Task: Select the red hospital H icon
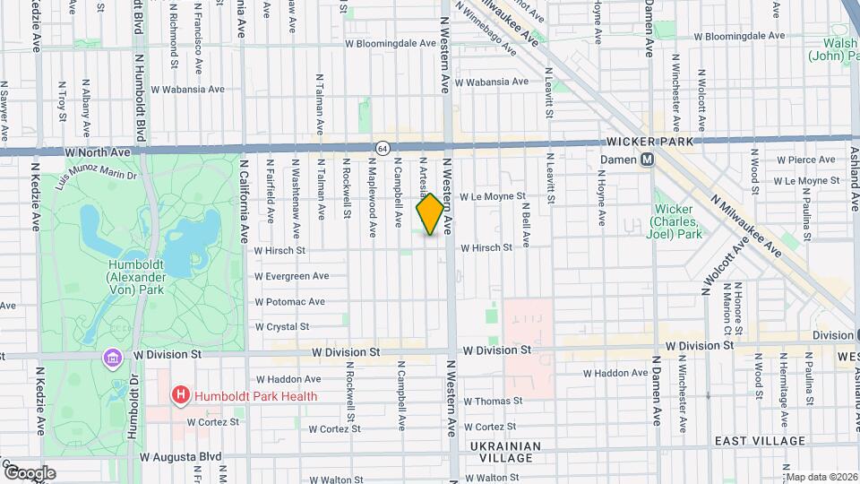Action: [x=181, y=393]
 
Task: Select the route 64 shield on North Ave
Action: [x=383, y=147]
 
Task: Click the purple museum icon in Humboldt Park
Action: [x=112, y=358]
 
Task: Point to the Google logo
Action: [x=30, y=472]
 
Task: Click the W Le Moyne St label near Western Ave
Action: [x=492, y=195]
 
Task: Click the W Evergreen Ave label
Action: [x=291, y=276]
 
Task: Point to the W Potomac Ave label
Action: [x=289, y=302]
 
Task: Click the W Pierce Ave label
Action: [x=805, y=160]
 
